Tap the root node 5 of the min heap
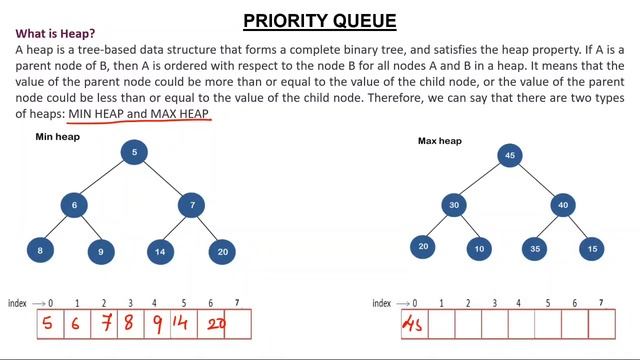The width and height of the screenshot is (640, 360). coord(135,152)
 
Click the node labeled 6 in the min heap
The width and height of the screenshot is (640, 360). coord(74,205)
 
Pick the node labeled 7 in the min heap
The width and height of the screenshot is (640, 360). coord(192,205)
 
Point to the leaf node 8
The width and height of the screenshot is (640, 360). coord(40,251)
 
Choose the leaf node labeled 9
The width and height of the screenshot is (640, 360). coord(101,253)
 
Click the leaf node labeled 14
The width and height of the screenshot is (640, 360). coord(160,253)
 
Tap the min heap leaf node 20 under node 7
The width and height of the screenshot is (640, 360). coord(221,253)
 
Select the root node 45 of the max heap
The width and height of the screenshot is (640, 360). coord(510,155)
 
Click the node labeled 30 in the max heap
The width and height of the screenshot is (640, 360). coord(453,205)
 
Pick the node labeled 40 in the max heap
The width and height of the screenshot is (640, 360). coord(564,205)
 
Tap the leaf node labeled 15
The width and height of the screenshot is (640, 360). coord(593,247)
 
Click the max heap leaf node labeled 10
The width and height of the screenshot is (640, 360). coord(479,247)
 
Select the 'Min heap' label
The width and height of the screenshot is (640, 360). coord(57,136)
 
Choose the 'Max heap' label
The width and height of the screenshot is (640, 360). coord(439,141)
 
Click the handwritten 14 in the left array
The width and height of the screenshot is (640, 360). coord(181,323)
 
